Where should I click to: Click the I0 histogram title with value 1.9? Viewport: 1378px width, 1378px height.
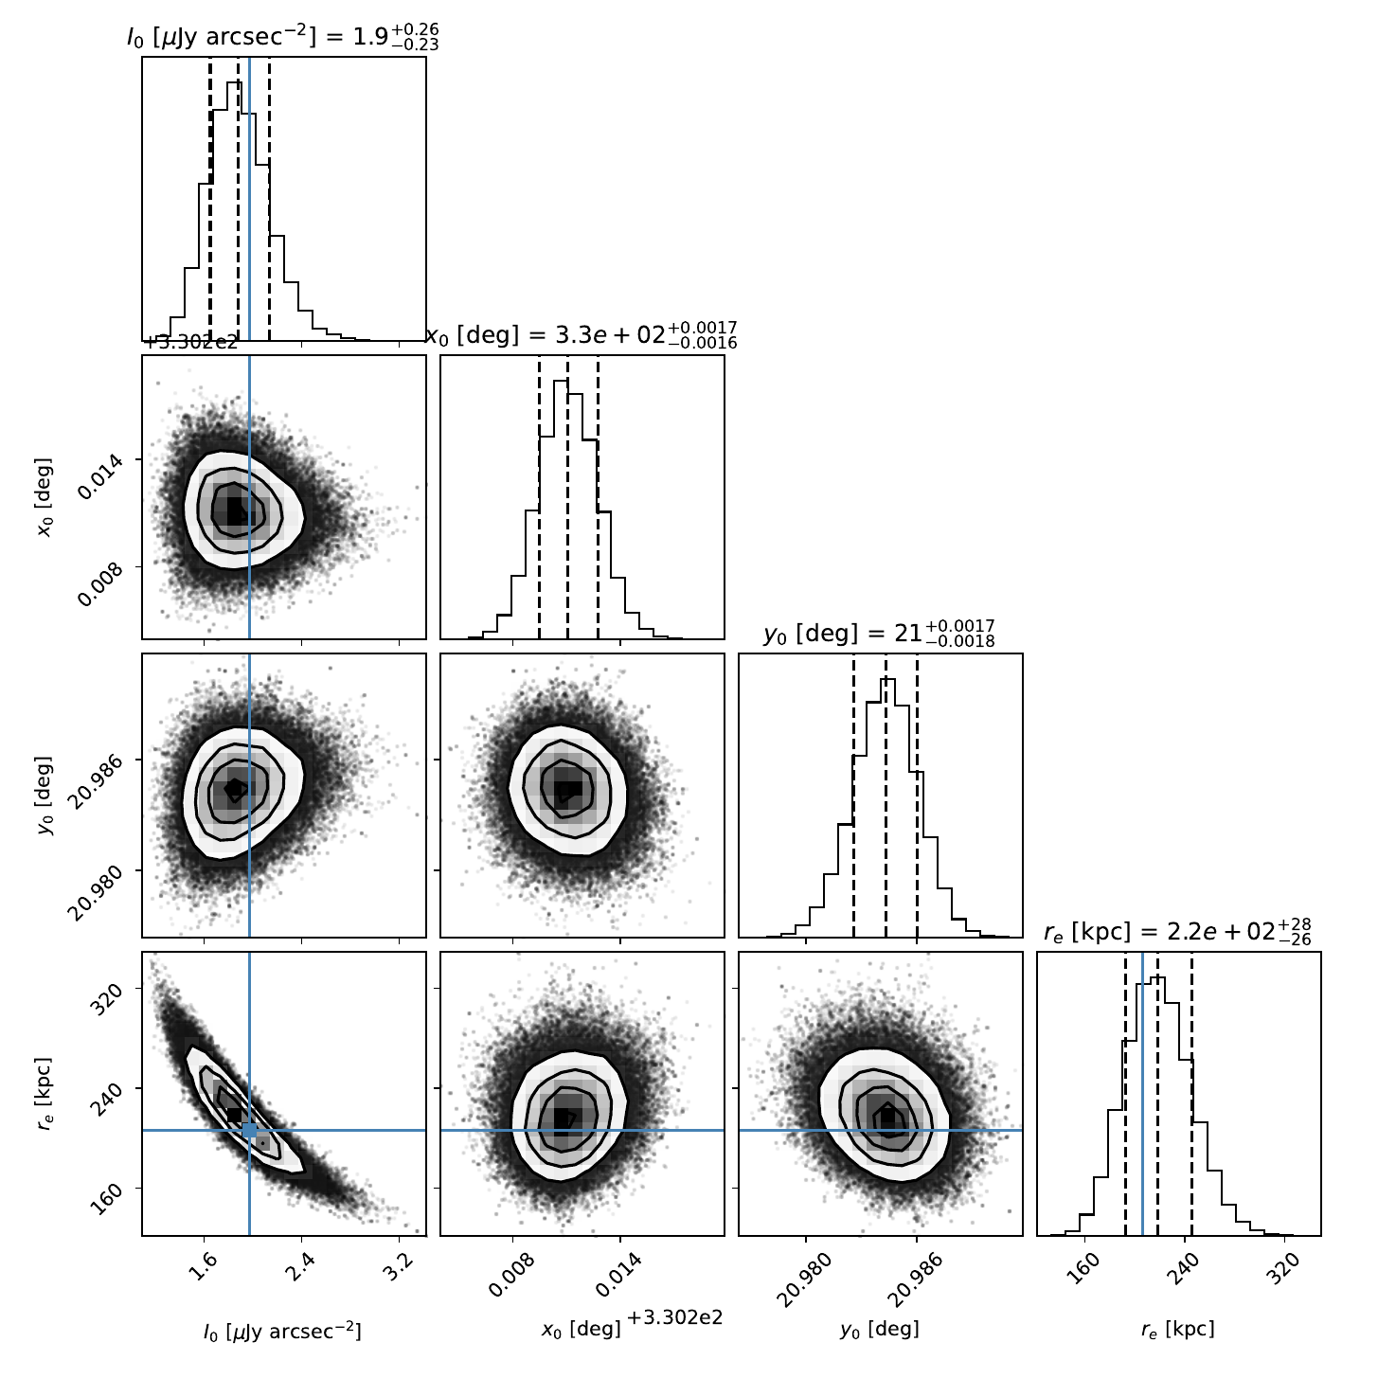click(283, 36)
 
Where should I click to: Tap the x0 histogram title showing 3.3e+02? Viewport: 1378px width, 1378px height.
click(582, 334)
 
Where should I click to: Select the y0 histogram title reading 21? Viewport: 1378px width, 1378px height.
click(880, 633)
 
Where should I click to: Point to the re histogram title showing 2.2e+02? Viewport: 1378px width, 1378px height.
click(1178, 931)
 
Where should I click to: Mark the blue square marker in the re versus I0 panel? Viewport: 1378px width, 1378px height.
click(250, 1130)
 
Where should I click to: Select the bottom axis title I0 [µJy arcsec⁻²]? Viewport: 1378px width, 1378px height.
click(283, 1330)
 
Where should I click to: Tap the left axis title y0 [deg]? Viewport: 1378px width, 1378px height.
click(45, 795)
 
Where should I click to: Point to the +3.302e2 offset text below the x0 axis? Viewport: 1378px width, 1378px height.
click(674, 1317)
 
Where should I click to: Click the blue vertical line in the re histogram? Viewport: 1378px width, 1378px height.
click(1143, 1093)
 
